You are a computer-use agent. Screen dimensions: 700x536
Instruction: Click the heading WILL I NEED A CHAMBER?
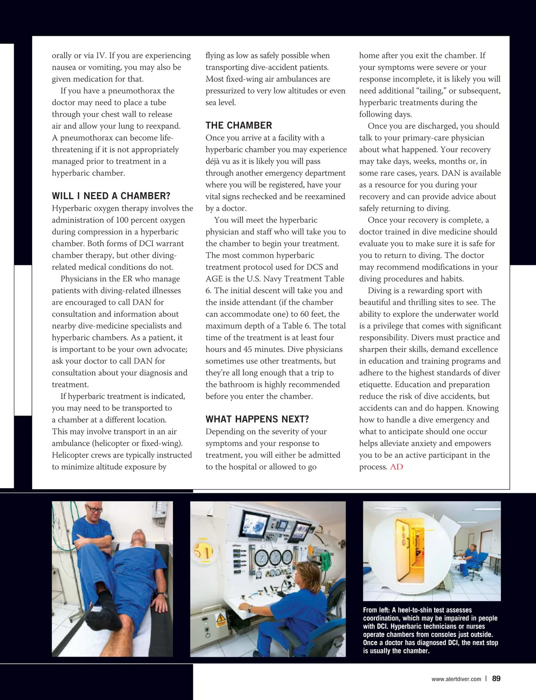tap(111, 196)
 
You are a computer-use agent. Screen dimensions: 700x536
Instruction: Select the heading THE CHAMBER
tap(239, 126)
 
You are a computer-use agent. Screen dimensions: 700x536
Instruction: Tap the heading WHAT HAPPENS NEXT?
tap(257, 419)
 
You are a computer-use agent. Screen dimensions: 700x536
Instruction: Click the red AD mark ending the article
tap(396, 467)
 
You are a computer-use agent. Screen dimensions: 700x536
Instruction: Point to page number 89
tap(496, 679)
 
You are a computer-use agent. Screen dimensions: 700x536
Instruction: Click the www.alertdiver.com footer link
tap(456, 679)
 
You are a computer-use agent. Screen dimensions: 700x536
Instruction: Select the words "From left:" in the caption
tap(377, 610)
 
